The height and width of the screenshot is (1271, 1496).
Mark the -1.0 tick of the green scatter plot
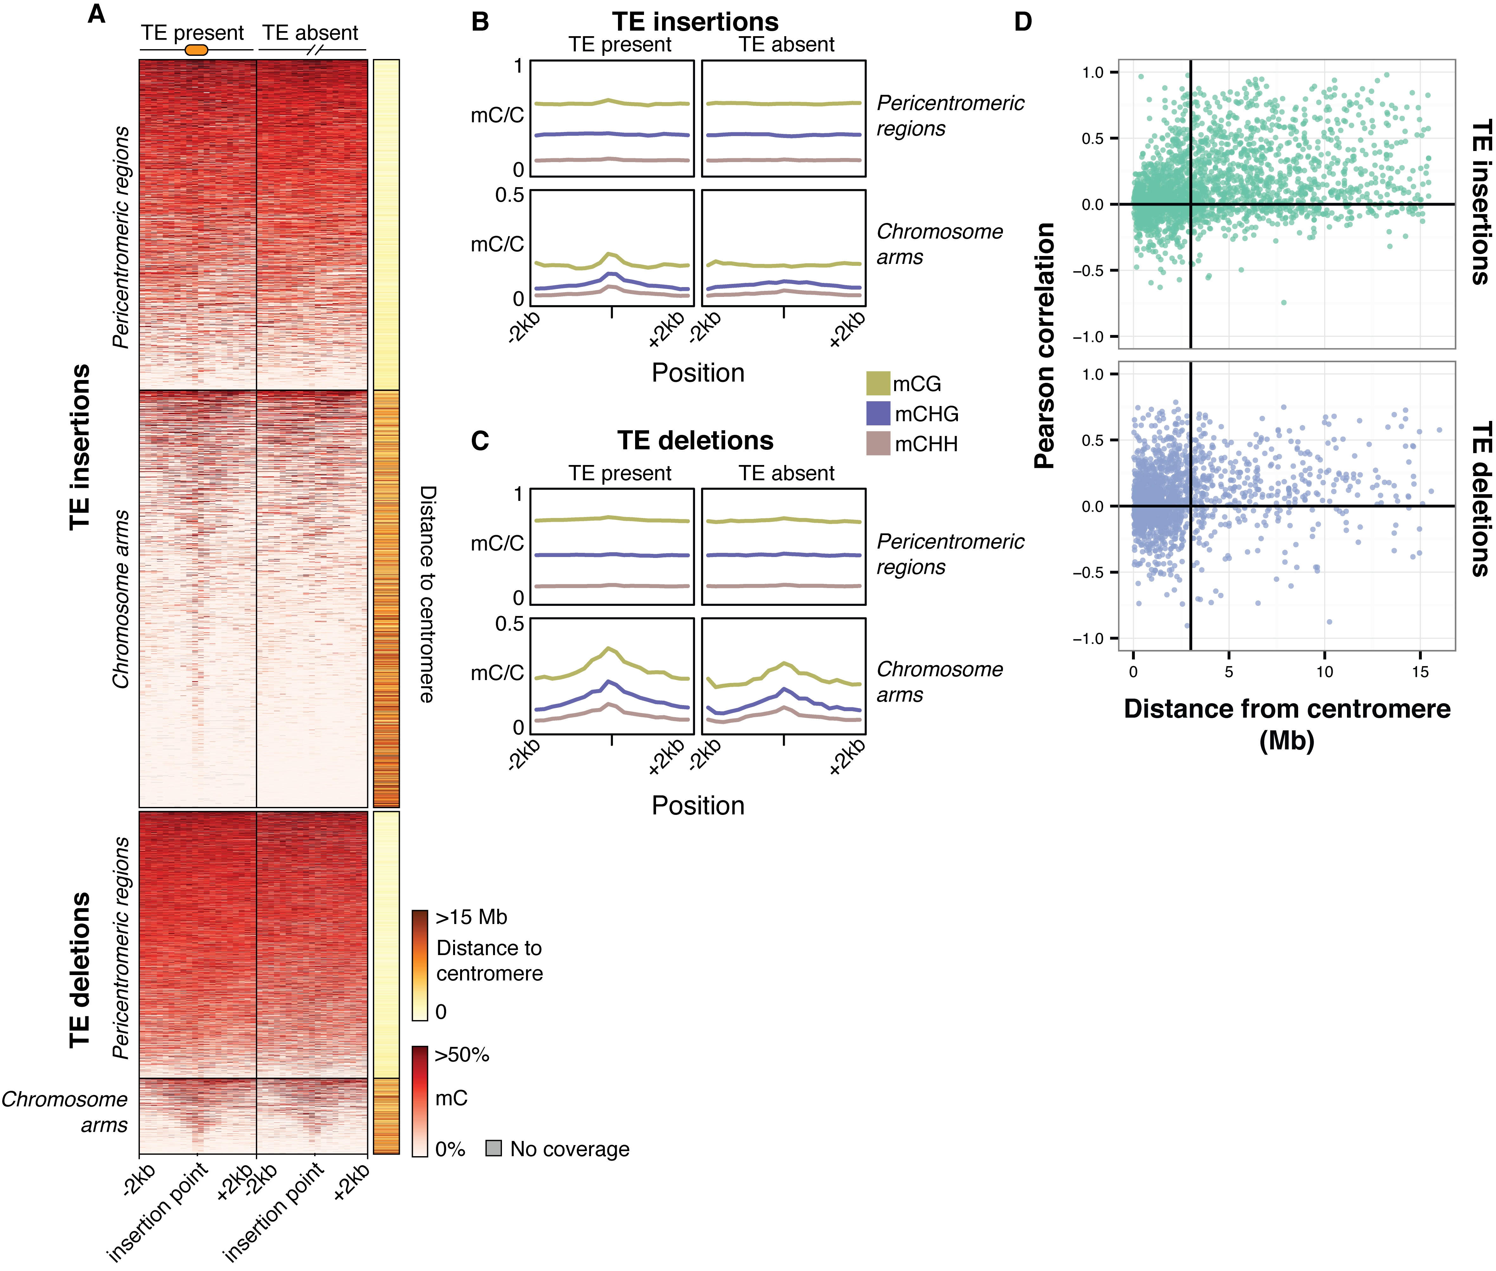click(1093, 337)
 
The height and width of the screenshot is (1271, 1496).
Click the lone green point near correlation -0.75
click(1284, 303)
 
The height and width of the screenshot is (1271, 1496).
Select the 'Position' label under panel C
click(698, 806)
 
